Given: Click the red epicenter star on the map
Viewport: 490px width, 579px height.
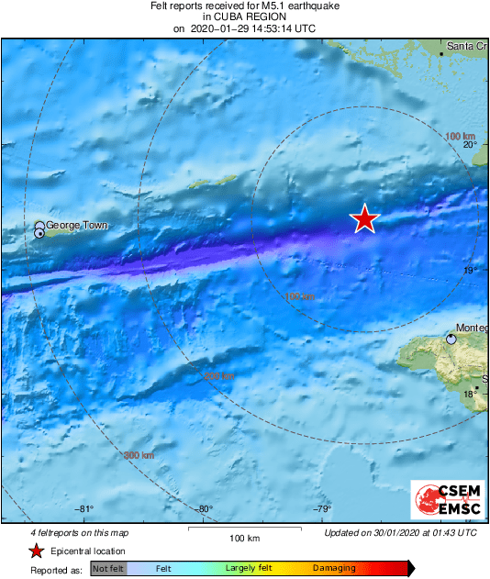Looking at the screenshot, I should [x=365, y=219].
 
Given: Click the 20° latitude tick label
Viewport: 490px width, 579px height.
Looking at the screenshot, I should [x=469, y=145].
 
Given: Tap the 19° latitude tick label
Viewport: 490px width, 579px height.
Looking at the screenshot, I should [x=469, y=270].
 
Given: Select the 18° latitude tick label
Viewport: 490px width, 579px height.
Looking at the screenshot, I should [x=469, y=395].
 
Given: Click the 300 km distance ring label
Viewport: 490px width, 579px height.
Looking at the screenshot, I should [x=139, y=455].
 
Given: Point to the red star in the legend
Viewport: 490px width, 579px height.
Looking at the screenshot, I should [x=35, y=551].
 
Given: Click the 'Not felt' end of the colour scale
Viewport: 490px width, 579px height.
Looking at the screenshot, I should [x=107, y=569].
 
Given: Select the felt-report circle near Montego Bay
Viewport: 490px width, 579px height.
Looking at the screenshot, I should [x=451, y=339].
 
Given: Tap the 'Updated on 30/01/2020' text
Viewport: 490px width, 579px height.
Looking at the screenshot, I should [x=401, y=532].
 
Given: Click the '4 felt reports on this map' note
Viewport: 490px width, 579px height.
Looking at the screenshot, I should [x=79, y=532].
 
